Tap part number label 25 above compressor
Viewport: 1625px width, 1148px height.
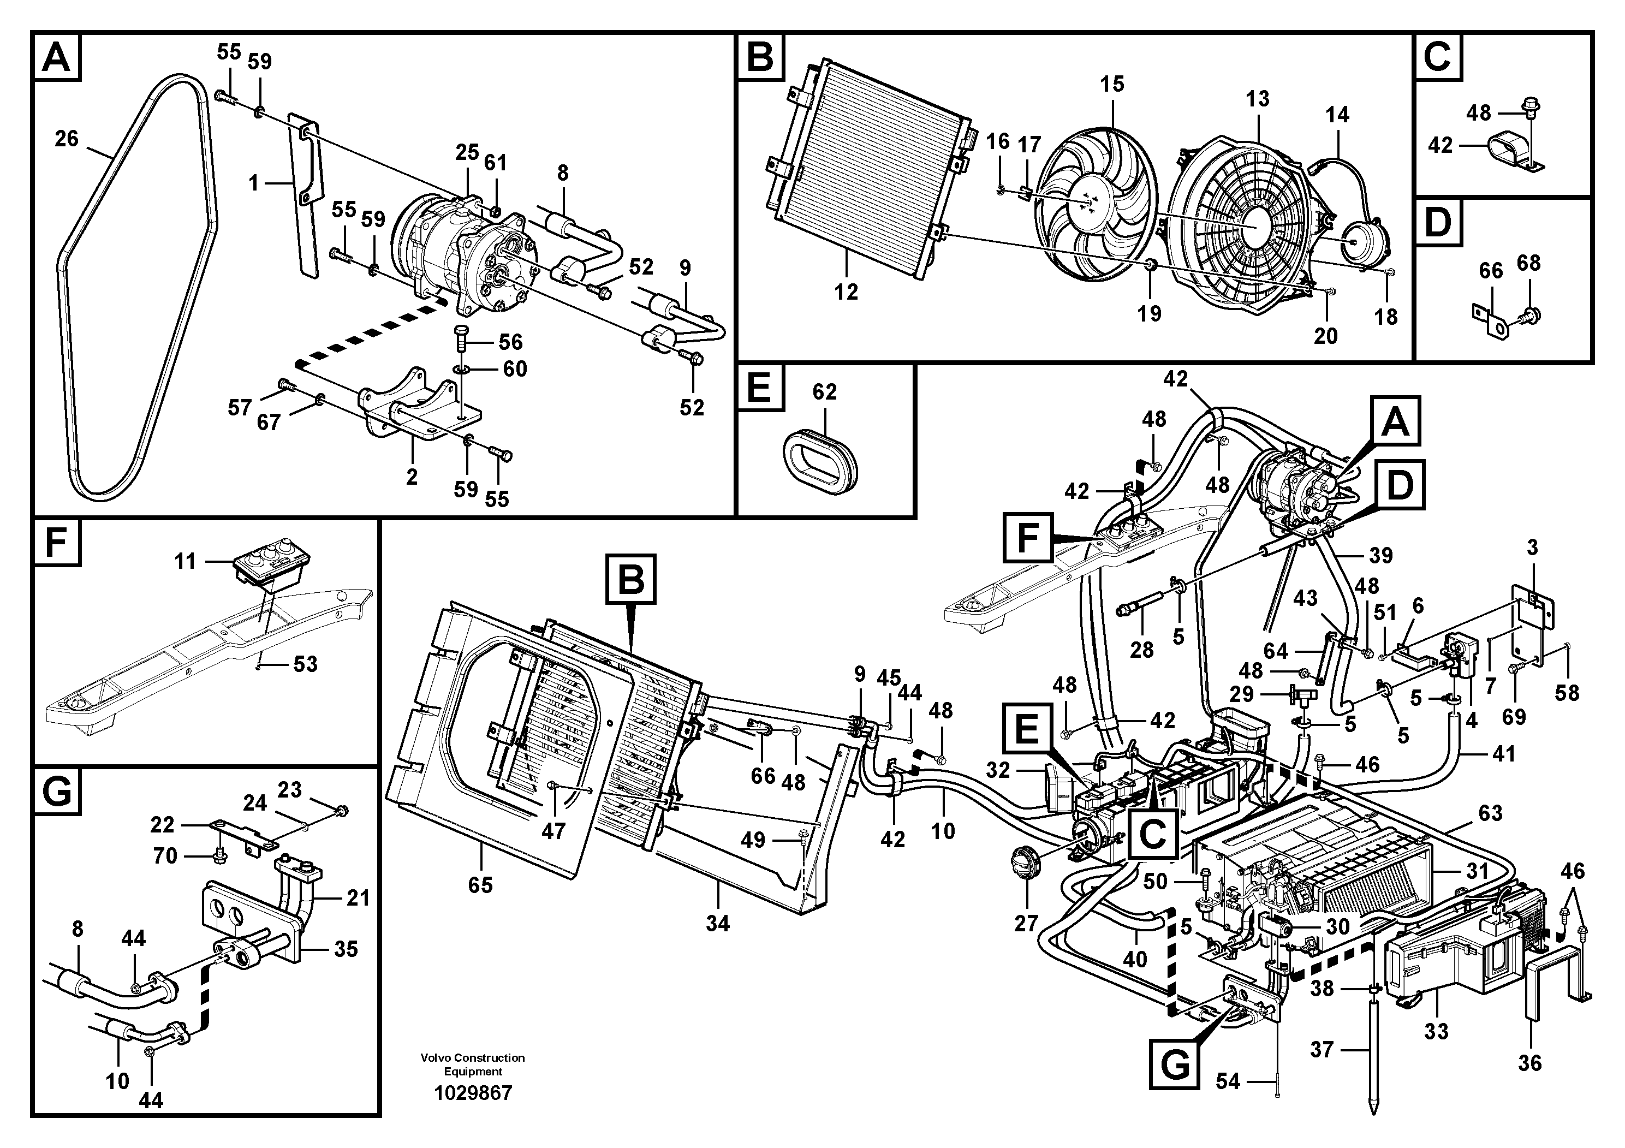tap(467, 152)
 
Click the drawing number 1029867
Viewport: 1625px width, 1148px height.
tap(473, 1093)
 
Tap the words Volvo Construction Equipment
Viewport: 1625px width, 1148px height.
tap(473, 1064)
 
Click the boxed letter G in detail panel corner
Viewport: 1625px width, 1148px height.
tap(57, 792)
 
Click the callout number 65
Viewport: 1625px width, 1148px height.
tap(480, 885)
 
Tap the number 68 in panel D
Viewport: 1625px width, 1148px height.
tap(1529, 263)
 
